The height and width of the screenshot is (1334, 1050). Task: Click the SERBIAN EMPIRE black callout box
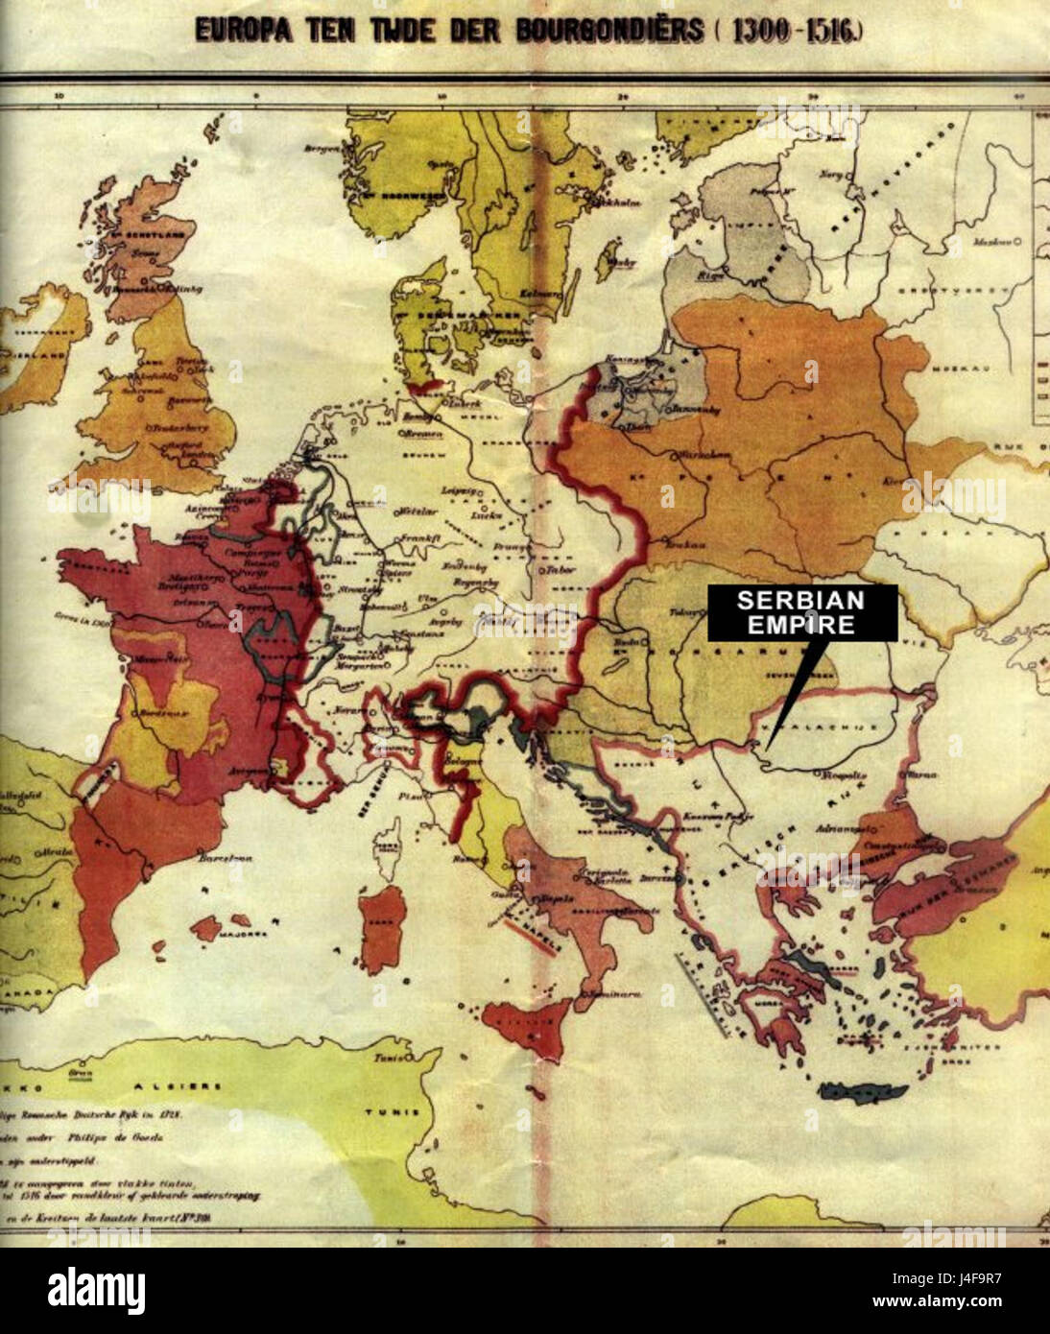(802, 613)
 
